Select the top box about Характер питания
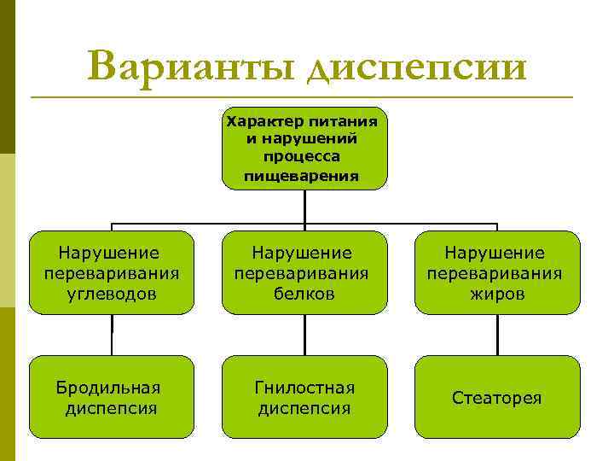pyautogui.click(x=304, y=147)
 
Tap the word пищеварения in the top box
pyautogui.click(x=301, y=177)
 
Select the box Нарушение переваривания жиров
pyautogui.click(x=497, y=272)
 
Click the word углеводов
pyautogui.click(x=112, y=294)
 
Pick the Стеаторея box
pyautogui.click(x=497, y=397)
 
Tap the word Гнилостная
pyautogui.click(x=304, y=388)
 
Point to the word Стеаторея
pyautogui.click(x=497, y=398)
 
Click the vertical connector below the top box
pyautogui.click(x=304, y=206)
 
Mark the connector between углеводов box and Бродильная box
pyautogui.click(x=112, y=335)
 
